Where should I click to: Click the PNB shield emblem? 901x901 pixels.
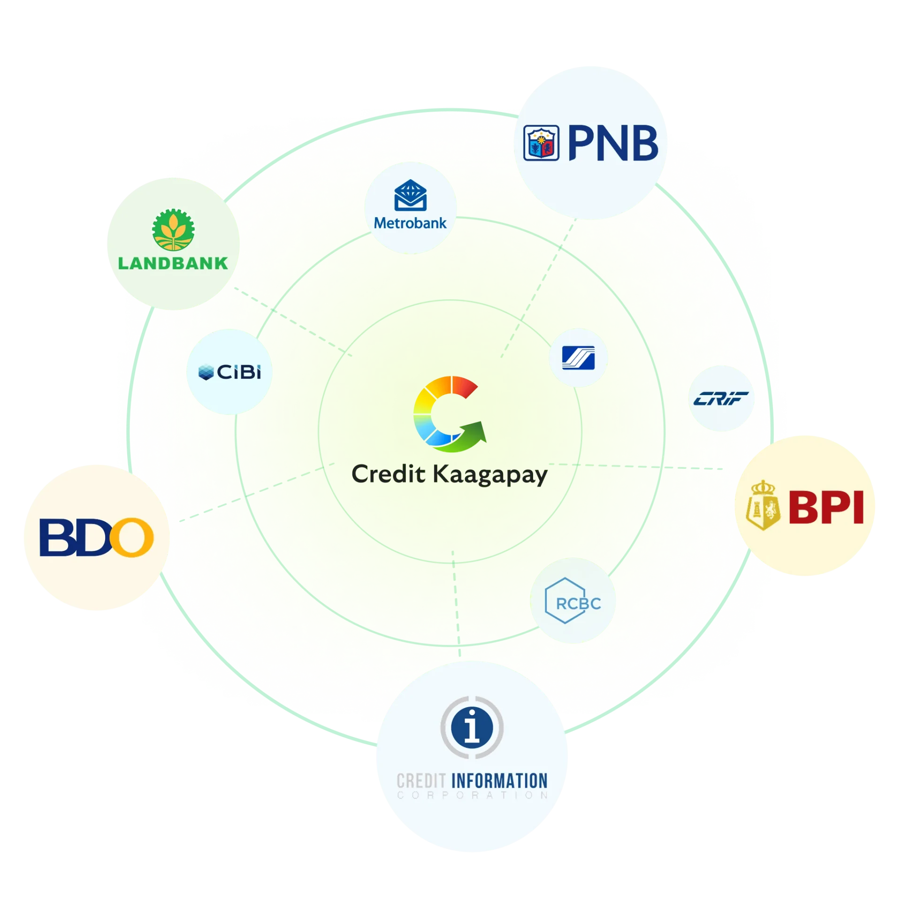[x=541, y=143]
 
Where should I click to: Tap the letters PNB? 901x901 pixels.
[x=613, y=143]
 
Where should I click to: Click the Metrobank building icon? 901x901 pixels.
[x=410, y=195]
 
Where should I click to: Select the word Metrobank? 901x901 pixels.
[x=410, y=223]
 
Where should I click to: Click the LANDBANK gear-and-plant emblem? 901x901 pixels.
[x=173, y=229]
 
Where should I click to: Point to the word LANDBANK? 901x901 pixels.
[x=173, y=263]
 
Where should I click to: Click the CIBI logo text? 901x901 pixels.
[x=239, y=373]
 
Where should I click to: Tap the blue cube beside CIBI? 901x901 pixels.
[x=206, y=373]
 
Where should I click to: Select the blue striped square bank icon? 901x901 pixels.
[x=578, y=358]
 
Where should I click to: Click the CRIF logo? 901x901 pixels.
[x=721, y=399]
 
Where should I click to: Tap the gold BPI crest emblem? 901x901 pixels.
[x=763, y=506]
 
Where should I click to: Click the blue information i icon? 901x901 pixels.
[x=472, y=727]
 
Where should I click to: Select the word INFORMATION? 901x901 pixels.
[x=499, y=781]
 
